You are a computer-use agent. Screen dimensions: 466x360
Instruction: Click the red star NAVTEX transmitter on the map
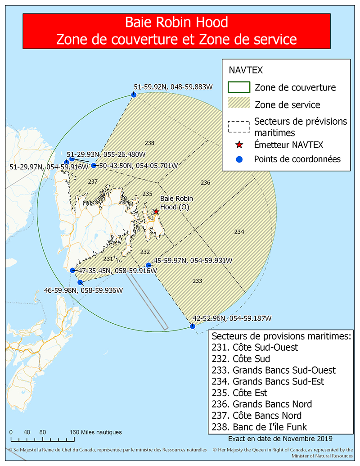tap(156, 211)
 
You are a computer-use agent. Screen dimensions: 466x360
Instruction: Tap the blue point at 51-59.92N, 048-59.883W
tap(134, 94)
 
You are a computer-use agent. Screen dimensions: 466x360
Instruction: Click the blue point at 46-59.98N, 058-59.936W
tap(80, 282)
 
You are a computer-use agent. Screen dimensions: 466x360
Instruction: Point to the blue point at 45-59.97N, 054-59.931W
tap(148, 265)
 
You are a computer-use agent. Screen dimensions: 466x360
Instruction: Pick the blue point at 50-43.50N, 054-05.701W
tap(94, 165)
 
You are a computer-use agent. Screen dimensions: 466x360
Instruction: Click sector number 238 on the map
tap(149, 143)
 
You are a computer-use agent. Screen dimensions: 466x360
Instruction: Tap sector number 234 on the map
tap(239, 231)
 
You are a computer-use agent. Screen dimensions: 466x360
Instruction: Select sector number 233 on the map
tap(197, 281)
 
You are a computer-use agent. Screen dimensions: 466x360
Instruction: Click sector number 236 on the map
tap(205, 182)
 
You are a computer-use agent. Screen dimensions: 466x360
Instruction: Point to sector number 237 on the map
tap(93, 181)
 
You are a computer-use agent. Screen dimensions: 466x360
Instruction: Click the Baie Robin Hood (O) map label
tap(175, 203)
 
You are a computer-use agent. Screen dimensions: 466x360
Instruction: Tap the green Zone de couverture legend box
tap(239, 87)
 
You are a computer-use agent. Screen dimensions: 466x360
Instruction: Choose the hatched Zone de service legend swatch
tap(239, 104)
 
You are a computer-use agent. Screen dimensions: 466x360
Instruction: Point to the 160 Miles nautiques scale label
tap(95, 432)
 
